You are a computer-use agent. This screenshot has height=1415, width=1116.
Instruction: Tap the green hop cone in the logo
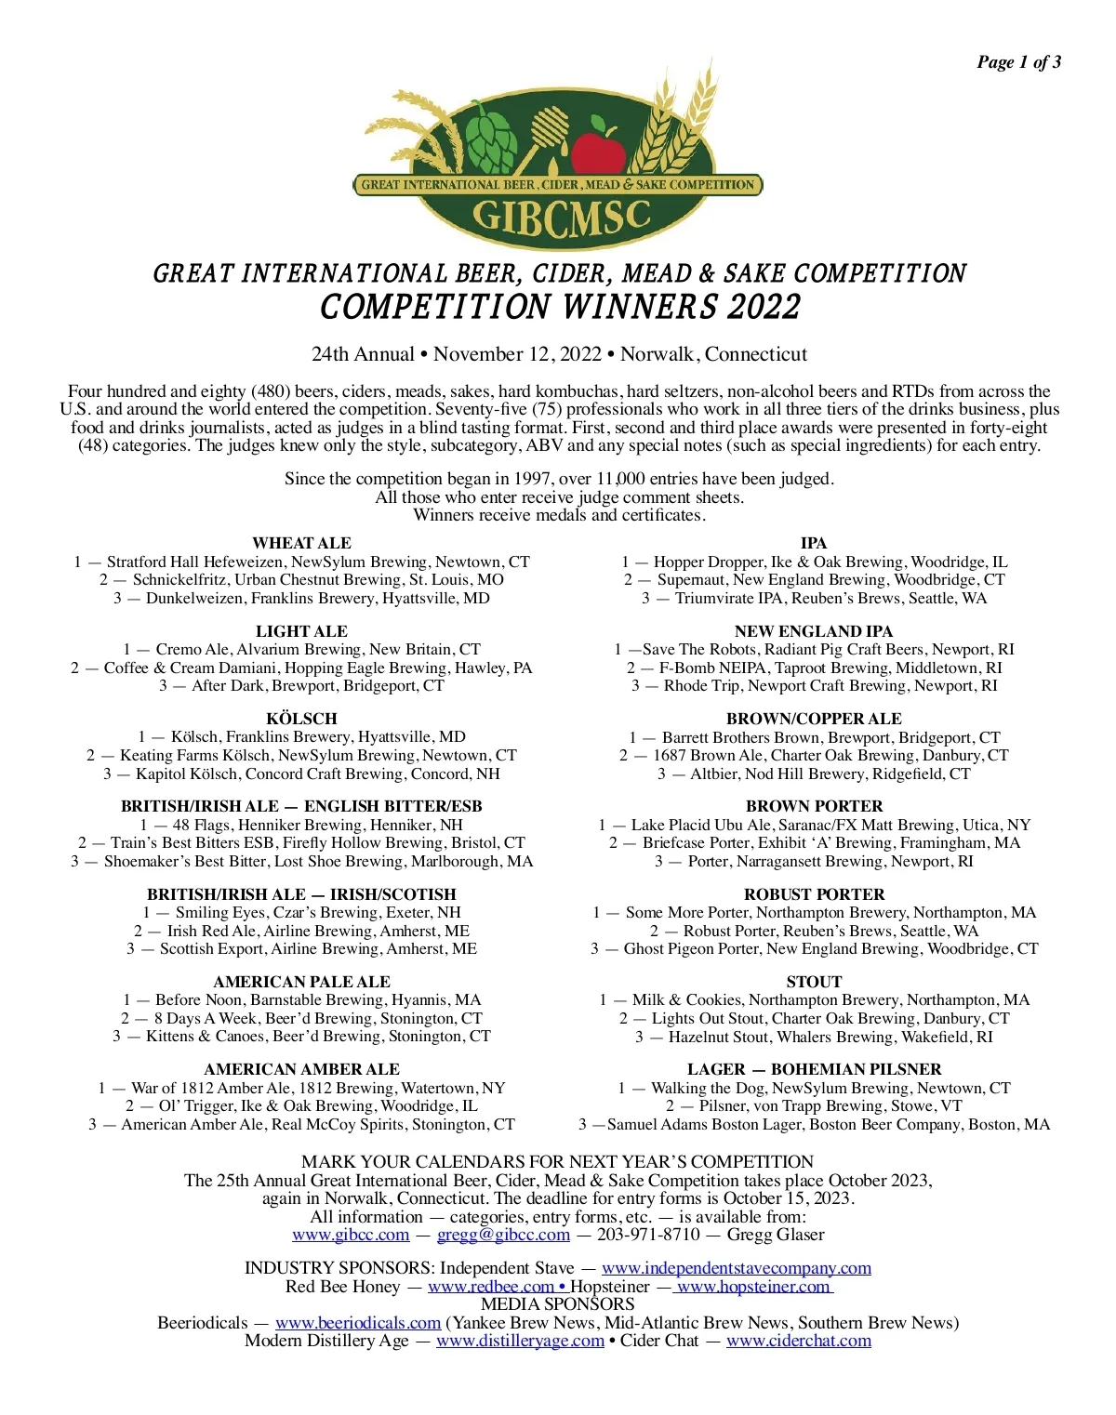coord(485,138)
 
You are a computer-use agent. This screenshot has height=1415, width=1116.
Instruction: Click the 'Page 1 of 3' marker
coord(1018,62)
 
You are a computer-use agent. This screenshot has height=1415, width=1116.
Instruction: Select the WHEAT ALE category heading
coord(301,543)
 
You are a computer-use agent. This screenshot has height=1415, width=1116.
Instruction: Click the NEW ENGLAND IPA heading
coord(814,631)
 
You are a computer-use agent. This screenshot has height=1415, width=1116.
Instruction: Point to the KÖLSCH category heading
coord(301,719)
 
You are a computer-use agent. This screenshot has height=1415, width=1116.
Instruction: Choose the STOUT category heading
coord(814,982)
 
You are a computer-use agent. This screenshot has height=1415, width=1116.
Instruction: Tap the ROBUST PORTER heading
coord(814,894)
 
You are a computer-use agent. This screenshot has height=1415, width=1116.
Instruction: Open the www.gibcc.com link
coord(351,1235)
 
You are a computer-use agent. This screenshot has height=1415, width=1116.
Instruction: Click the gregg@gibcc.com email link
coord(503,1235)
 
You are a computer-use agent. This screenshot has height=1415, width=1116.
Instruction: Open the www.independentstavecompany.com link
coord(737,1268)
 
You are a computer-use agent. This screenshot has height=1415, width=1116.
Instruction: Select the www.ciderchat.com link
coord(799,1341)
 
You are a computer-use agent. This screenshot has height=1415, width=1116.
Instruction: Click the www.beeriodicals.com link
coord(358,1323)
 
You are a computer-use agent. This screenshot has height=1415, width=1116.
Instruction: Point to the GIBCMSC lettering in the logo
coord(561,217)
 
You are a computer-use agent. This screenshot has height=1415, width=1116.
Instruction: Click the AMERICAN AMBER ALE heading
coord(301,1069)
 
